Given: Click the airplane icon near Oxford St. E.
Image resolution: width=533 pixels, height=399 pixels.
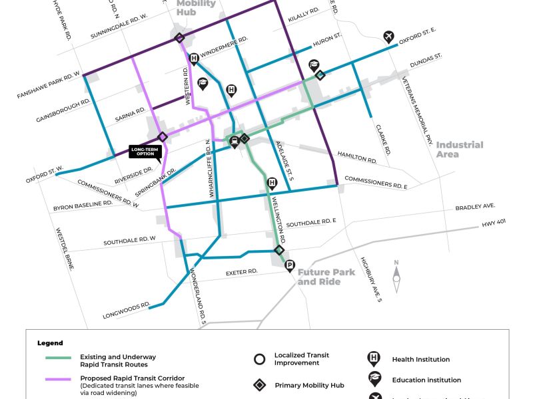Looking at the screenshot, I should [x=388, y=36].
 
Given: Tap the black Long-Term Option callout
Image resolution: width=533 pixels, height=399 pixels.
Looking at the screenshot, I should [x=145, y=152].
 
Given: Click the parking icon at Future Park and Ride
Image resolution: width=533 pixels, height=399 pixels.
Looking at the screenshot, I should [x=290, y=267].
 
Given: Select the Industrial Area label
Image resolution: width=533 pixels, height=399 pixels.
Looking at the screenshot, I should [x=459, y=149].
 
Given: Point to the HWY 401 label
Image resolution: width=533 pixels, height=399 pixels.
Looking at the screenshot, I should [x=495, y=224].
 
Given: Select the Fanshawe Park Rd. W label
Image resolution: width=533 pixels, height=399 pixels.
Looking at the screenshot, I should [x=49, y=85].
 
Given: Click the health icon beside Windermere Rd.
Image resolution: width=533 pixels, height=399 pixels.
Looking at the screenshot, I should [x=194, y=59].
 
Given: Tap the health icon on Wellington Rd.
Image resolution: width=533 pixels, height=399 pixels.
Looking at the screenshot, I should [x=272, y=184].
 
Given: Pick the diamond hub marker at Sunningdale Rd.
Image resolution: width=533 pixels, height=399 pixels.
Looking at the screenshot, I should [x=179, y=38].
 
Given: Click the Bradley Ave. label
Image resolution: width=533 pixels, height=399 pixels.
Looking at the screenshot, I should [x=476, y=207].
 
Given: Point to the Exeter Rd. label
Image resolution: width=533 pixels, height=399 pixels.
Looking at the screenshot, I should [x=241, y=272].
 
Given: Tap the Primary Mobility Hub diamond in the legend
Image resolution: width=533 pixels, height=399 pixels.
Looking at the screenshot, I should [x=260, y=385].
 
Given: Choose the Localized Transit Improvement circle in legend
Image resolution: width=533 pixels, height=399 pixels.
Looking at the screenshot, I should [x=260, y=360].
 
